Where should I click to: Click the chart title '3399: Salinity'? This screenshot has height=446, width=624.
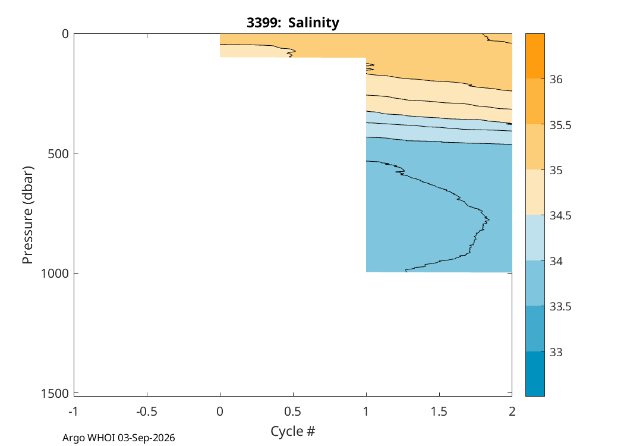tap(293, 23)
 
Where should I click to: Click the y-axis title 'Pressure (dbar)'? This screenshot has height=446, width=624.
tap(27, 215)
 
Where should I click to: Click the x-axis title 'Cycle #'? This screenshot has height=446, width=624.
tap(293, 431)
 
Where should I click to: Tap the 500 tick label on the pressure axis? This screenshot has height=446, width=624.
tap(58, 153)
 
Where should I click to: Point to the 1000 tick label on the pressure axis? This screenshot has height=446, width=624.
tap(55, 273)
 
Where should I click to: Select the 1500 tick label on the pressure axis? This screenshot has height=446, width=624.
tap(55, 394)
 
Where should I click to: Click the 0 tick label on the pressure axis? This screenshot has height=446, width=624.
tap(65, 34)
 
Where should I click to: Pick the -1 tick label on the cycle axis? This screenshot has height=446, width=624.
tap(73, 412)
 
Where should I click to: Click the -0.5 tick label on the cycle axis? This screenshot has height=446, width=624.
tap(147, 412)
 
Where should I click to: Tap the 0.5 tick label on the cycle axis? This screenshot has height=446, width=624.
tap(294, 412)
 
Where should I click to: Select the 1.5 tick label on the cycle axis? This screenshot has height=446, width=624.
tap(439, 412)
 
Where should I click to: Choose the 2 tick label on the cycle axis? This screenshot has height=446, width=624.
tap(512, 412)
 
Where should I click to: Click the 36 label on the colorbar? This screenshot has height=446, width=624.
tap(556, 79)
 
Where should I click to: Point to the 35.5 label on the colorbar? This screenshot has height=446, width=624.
tap(560, 125)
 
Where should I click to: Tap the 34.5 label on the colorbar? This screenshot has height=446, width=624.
tap(560, 215)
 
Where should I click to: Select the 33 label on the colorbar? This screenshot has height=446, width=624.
tap(556, 352)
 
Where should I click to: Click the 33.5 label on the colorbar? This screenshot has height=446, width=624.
tap(560, 307)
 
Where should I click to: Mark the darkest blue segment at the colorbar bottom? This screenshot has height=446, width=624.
tap(535, 373)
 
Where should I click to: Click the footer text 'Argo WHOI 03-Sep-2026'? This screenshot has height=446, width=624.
tap(119, 438)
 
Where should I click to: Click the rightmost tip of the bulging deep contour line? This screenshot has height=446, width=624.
tap(489, 219)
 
